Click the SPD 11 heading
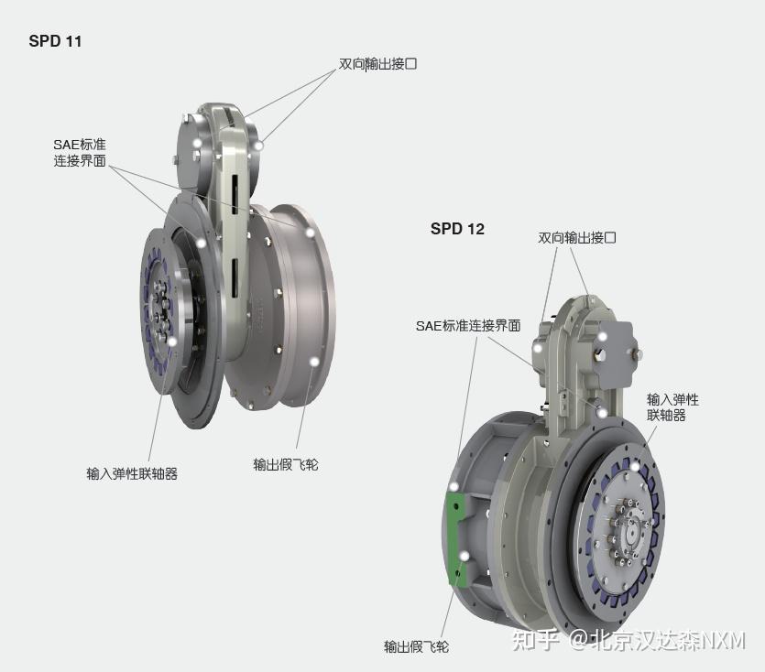[x=55, y=41]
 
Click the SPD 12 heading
[x=457, y=229]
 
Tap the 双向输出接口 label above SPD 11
[x=377, y=64]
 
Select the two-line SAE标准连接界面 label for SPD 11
[x=80, y=153]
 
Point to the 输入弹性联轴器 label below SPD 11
[x=132, y=473]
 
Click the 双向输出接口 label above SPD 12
[x=576, y=237]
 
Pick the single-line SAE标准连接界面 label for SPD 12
[x=468, y=325]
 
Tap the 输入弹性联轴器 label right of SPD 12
[x=672, y=407]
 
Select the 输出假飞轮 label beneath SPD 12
[x=416, y=646]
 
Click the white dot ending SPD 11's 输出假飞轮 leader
[x=314, y=363]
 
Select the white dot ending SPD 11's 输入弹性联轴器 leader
[x=171, y=341]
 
